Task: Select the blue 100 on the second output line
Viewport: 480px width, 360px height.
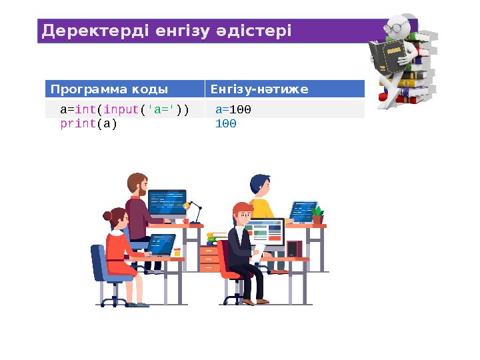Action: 226,123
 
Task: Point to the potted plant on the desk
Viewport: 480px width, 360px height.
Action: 317,215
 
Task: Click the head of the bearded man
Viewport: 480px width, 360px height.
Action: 137,185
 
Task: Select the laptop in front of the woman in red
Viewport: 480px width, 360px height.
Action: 161,244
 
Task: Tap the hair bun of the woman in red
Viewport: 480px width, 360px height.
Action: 107,216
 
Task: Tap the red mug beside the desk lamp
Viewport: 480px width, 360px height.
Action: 186,221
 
